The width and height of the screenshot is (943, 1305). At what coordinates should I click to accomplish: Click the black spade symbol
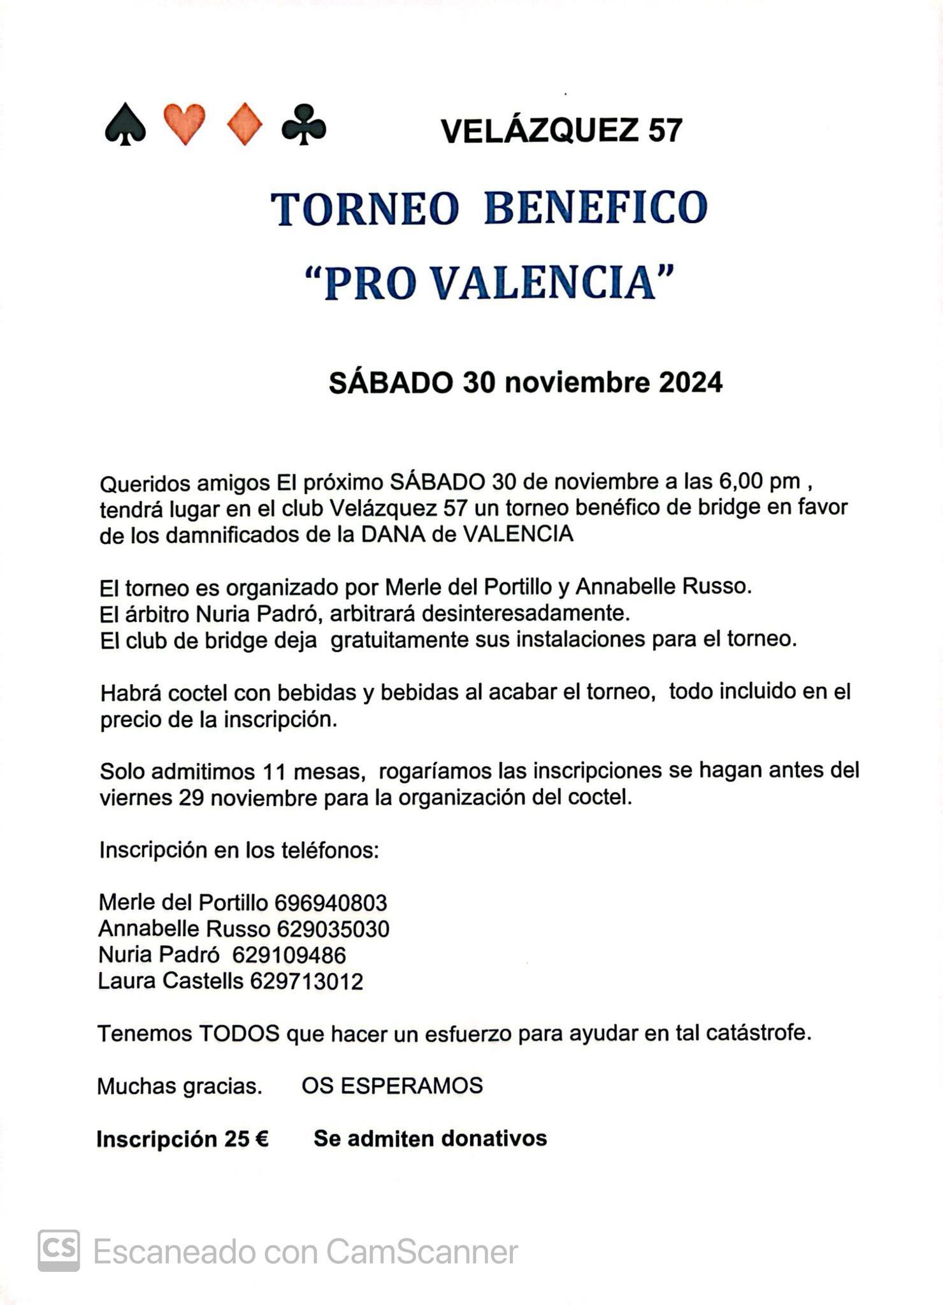[125, 125]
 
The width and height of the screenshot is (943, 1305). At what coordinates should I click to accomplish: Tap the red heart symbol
[185, 124]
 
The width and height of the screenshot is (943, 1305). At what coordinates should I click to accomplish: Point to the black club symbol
[304, 124]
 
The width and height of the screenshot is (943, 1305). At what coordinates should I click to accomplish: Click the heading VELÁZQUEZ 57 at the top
[561, 131]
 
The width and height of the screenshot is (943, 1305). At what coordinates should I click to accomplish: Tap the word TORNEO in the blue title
[365, 208]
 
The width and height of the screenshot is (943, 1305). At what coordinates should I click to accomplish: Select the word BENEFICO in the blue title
[596, 208]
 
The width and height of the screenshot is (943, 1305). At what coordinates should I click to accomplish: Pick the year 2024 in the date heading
[691, 383]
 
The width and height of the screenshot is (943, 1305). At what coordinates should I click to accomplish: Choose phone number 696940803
[331, 903]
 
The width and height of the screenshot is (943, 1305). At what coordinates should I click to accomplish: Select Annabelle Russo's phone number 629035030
[333, 929]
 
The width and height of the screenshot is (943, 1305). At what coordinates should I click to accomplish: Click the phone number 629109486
[289, 955]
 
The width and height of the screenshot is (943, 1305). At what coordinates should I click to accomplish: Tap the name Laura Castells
[171, 981]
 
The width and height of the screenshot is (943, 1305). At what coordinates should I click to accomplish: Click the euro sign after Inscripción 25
[261, 1139]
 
